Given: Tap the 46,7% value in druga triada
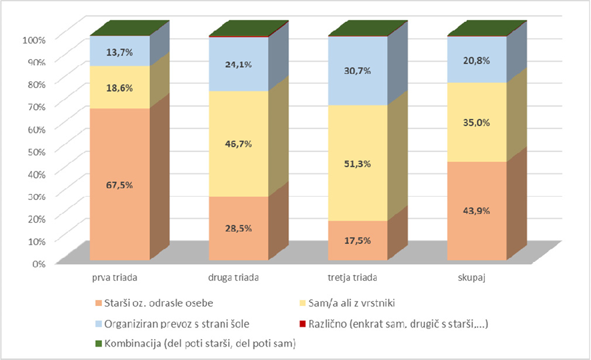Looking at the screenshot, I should (239, 144).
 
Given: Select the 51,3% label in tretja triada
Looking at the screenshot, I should (358, 163).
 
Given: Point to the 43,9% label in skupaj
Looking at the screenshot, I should (477, 211).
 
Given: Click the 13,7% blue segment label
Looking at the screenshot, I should (120, 51).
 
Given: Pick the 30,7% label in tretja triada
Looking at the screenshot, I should (358, 71).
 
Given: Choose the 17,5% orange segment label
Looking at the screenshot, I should (358, 241).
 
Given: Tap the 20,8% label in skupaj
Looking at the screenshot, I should (477, 61).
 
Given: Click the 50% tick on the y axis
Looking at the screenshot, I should (35, 151).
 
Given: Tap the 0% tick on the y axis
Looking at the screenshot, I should (37, 263).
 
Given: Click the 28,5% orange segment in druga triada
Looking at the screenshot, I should (239, 227).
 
